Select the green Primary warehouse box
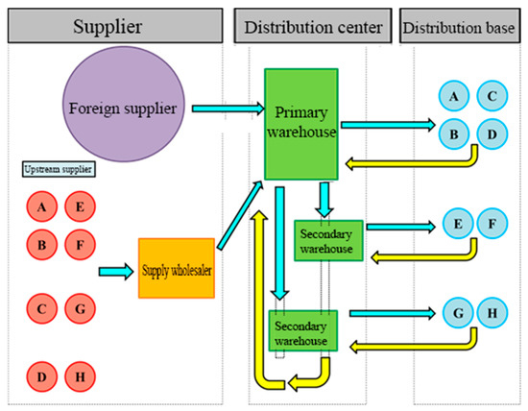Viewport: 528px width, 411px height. point(301,122)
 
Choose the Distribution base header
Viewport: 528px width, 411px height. point(461,21)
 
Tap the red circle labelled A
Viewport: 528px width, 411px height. point(41,206)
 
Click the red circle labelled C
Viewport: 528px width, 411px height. point(41,310)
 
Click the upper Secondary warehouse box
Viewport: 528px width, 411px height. point(329,240)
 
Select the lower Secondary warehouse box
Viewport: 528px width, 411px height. point(302,329)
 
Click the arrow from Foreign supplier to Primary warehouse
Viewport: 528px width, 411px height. point(226,109)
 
